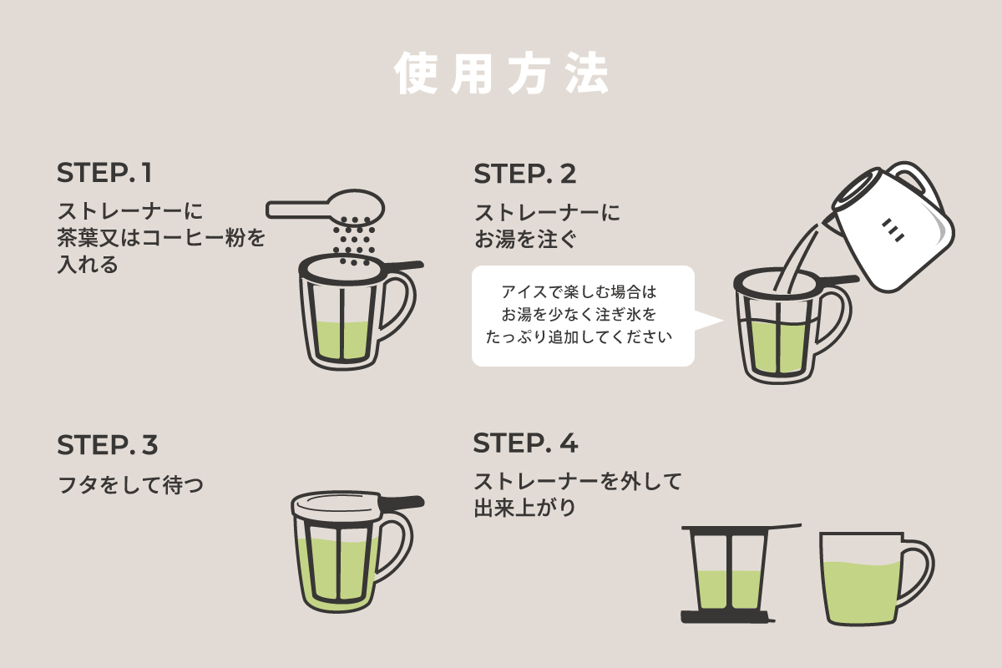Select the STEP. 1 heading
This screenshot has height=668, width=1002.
[105, 174]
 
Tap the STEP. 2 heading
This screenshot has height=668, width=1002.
[525, 174]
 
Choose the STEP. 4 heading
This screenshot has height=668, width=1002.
[525, 443]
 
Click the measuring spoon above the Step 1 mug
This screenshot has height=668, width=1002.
[326, 206]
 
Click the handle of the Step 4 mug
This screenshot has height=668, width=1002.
[919, 572]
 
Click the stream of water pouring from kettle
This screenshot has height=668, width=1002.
[797, 255]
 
